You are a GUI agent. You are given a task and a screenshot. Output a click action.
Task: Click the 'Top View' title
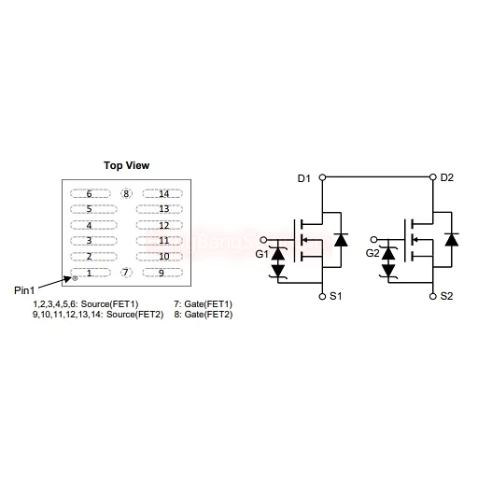[126, 165]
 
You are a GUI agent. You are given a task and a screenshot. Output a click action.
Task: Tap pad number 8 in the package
[126, 193]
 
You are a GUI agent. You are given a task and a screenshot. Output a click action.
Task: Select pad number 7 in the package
[126, 273]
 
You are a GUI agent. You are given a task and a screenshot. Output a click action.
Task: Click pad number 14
[162, 193]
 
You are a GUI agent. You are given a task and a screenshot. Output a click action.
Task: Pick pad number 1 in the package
[91, 273]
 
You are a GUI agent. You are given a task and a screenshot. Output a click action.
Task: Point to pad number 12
[160, 225]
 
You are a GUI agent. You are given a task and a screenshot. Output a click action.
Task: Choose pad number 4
[93, 225]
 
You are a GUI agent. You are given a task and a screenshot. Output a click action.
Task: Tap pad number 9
[162, 273]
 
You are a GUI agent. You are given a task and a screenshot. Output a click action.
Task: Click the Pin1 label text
[24, 290]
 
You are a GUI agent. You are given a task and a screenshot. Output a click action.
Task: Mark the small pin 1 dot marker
[75, 278]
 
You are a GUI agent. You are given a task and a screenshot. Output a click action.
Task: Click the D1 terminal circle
[322, 177]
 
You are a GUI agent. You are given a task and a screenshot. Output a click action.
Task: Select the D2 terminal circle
[433, 177]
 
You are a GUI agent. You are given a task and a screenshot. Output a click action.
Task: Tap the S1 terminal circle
[322, 296]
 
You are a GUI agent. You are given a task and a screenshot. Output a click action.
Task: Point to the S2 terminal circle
[433, 296]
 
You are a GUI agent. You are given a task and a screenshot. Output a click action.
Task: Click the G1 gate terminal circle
[263, 240]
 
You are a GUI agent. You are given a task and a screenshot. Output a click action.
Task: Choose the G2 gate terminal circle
[374, 239]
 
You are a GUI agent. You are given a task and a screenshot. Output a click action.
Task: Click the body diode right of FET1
[341, 240]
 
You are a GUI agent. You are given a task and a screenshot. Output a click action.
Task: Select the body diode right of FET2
[452, 240]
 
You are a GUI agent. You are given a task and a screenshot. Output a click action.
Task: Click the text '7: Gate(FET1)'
[204, 303]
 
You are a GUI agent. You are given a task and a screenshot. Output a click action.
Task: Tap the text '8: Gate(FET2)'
[204, 315]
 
